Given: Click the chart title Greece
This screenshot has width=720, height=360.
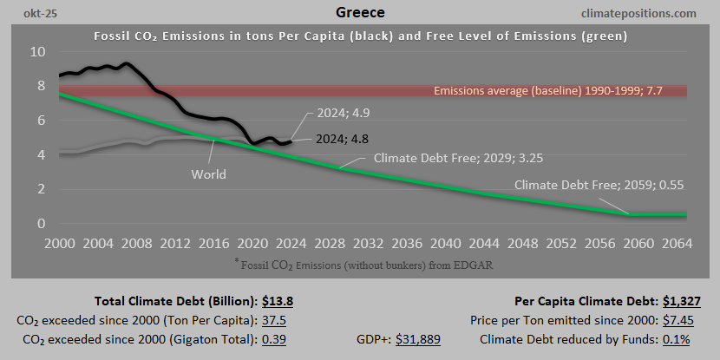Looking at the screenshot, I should [359, 13].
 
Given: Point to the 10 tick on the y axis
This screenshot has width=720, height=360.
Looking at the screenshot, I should [36, 51].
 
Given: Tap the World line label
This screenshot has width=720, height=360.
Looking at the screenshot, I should [208, 174].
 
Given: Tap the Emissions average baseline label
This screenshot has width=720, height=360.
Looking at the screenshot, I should [553, 91].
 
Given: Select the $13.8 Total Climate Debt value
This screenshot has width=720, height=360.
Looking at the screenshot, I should [278, 302].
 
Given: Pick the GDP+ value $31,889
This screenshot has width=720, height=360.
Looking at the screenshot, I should [418, 338].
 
